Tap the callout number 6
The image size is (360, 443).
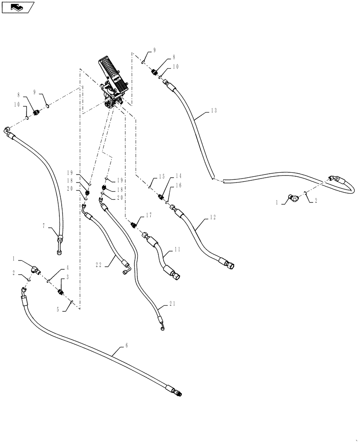tap(127, 346)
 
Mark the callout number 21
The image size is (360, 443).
tap(172, 304)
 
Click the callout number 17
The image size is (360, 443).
tap(149, 215)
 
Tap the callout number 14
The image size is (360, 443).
tap(167, 175)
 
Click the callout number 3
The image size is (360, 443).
tap(68, 277)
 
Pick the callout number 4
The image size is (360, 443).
tap(68, 268)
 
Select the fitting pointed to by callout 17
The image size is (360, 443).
tap(133, 225)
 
